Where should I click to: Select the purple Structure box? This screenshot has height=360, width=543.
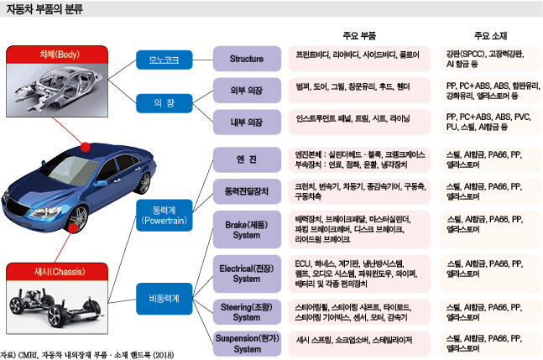(x=246, y=60)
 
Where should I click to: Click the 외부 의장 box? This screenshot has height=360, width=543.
(x=246, y=89)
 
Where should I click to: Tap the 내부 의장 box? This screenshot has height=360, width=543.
(x=246, y=119)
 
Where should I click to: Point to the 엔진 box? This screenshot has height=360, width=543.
(x=246, y=159)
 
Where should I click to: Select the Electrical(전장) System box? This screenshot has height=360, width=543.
(x=246, y=273)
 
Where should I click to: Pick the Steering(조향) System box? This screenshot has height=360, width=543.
(x=246, y=311)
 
